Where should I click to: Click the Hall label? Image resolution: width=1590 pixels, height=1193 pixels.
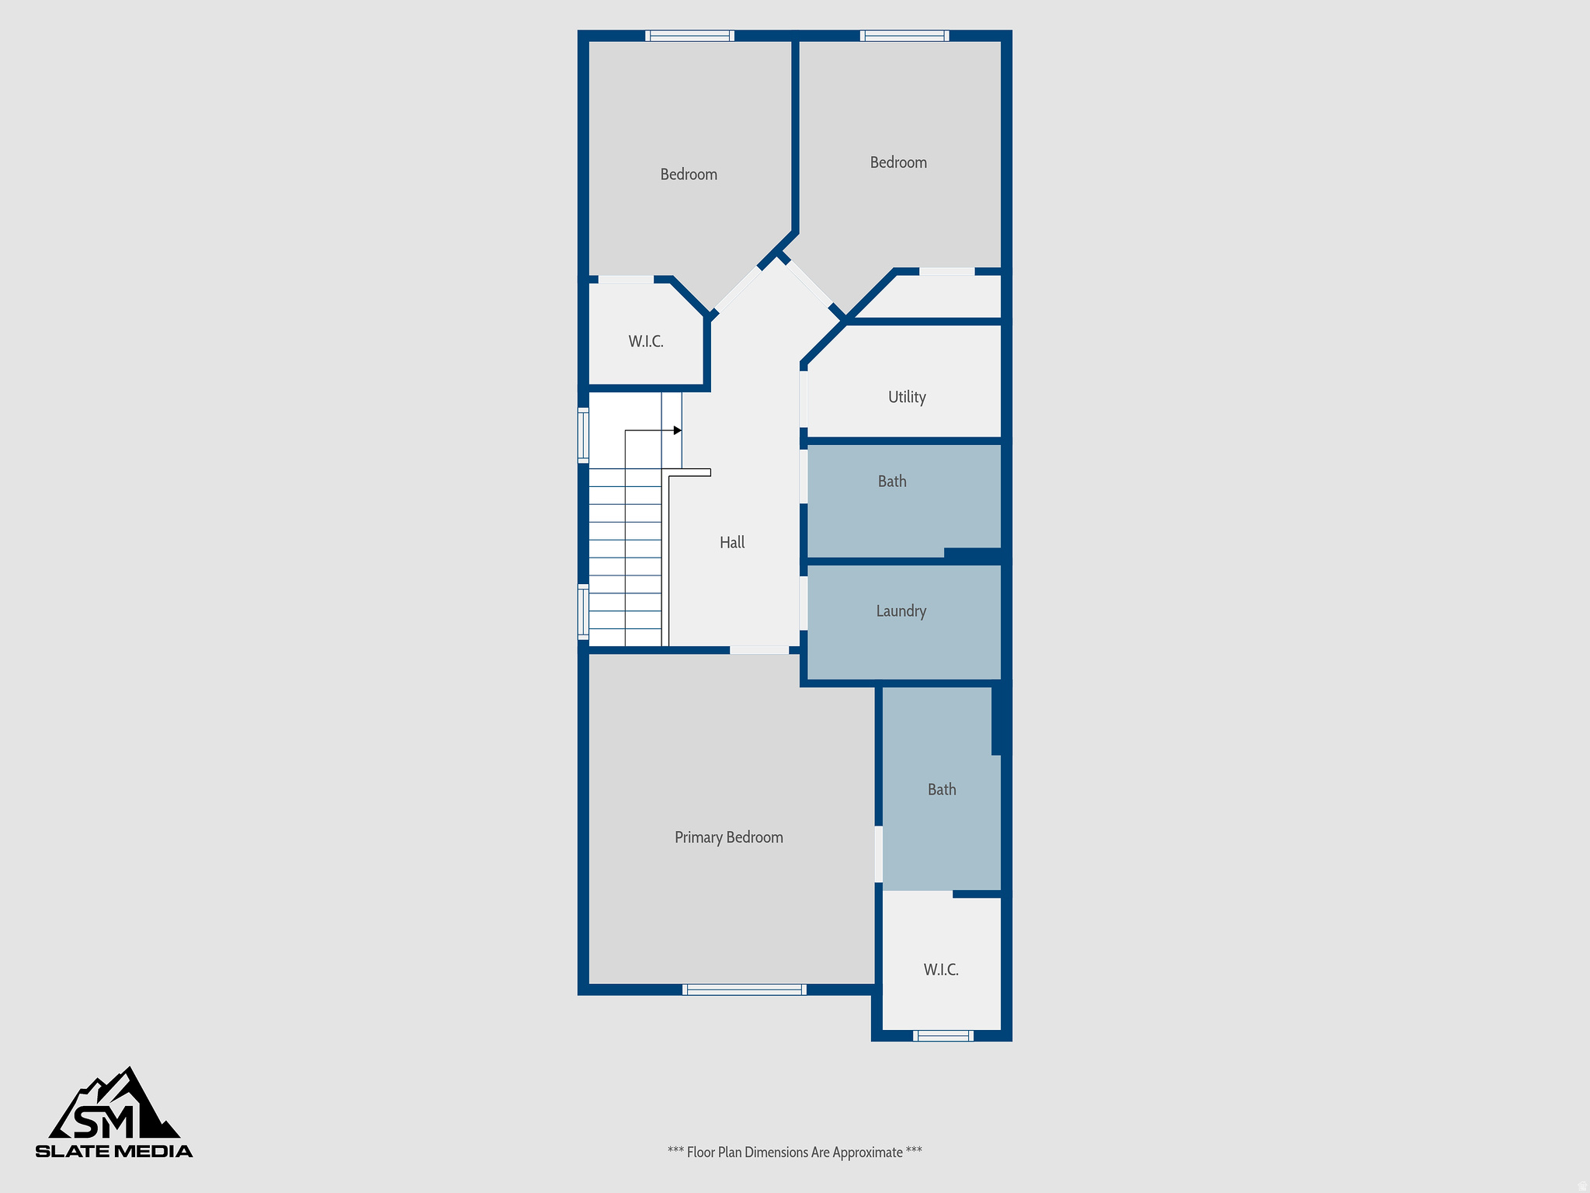(x=731, y=543)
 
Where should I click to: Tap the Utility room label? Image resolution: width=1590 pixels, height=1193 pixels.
(x=907, y=397)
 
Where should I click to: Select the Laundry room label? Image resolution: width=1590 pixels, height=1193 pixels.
(x=901, y=611)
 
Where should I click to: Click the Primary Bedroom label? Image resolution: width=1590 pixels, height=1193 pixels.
(x=728, y=837)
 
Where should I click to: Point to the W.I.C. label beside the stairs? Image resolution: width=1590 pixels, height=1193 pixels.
(x=646, y=342)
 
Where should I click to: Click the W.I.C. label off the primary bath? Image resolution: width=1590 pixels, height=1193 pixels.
(x=941, y=970)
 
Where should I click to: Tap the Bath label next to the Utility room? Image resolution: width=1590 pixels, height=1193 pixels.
(x=892, y=482)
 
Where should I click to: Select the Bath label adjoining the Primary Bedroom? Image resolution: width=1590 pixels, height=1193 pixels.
(x=942, y=790)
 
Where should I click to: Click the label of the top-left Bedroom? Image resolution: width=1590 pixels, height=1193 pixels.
(x=689, y=175)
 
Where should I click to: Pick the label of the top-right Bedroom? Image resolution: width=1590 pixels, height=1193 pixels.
(x=898, y=163)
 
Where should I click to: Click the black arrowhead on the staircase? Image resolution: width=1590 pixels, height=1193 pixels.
(x=678, y=430)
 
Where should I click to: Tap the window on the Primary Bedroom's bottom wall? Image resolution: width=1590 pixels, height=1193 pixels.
(x=744, y=990)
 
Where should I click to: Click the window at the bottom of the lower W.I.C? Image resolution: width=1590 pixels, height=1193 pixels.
(x=943, y=1035)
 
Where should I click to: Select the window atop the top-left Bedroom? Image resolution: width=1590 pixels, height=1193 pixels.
(x=689, y=36)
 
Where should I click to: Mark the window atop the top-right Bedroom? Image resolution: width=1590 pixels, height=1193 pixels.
(x=904, y=36)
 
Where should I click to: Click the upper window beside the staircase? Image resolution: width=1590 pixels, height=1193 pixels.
(x=583, y=435)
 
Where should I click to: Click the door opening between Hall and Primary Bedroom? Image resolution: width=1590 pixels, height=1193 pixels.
(x=759, y=650)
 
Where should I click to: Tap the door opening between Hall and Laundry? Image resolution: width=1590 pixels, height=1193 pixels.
(x=804, y=603)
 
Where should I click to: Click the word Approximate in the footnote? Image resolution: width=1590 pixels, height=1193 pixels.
(x=867, y=1153)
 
